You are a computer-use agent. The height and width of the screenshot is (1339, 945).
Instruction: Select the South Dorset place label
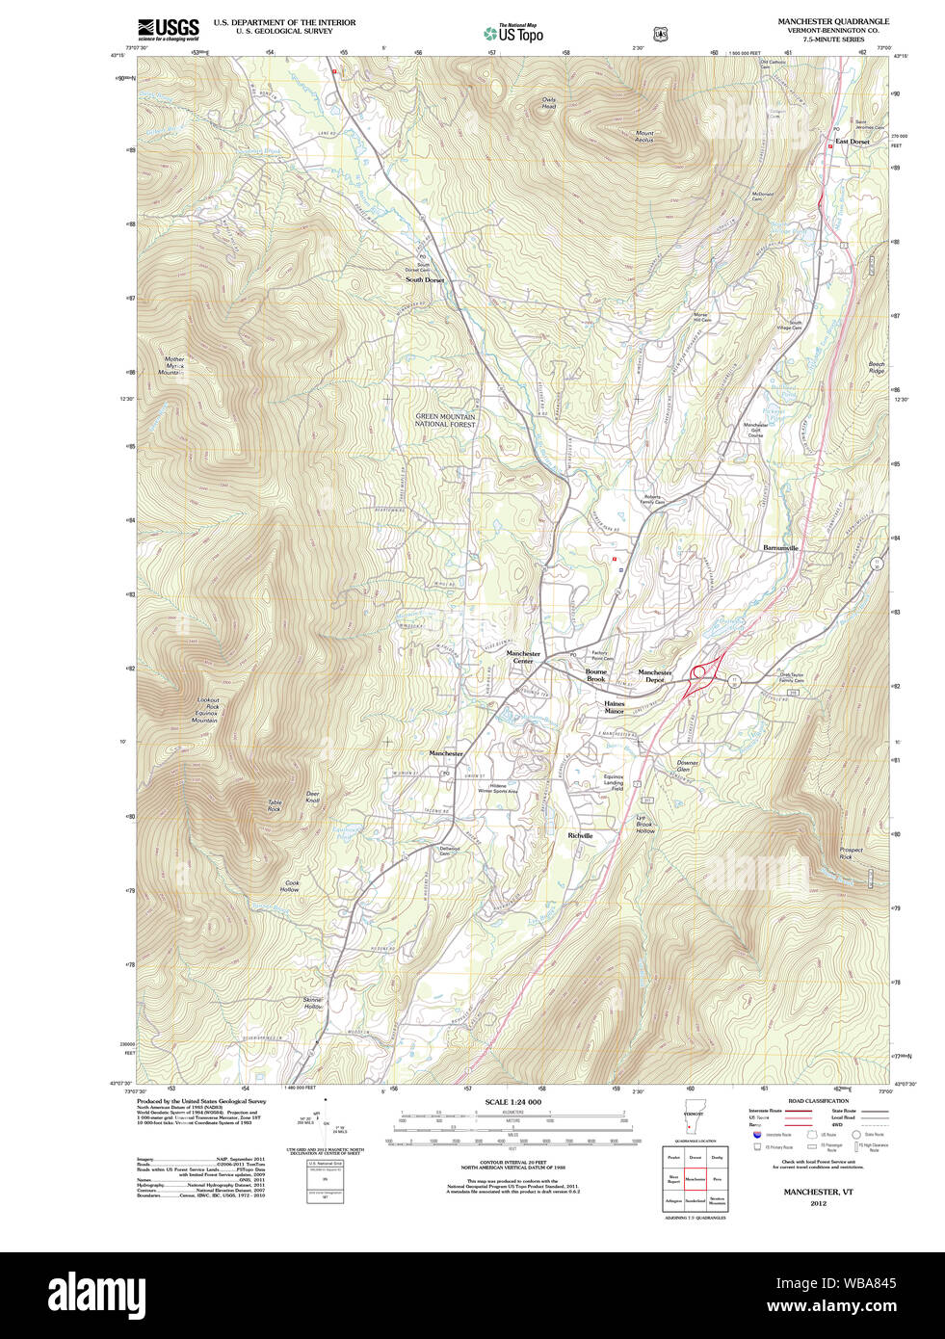click(x=425, y=280)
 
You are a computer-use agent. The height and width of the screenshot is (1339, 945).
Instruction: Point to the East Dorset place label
click(x=852, y=142)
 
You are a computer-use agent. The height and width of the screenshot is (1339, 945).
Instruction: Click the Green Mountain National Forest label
click(x=445, y=420)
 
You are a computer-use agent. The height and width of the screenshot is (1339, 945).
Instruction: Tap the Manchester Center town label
click(x=523, y=657)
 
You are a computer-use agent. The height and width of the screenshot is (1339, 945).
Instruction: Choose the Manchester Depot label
click(x=655, y=676)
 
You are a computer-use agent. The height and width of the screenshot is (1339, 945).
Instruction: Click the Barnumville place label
click(x=780, y=547)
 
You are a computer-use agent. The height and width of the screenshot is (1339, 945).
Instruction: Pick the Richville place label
click(x=580, y=835)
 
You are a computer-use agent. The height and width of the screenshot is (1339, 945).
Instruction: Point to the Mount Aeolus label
click(x=644, y=137)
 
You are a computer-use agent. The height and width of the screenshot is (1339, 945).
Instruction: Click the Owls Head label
click(x=548, y=103)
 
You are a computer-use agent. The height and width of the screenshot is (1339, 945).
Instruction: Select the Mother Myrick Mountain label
click(x=173, y=366)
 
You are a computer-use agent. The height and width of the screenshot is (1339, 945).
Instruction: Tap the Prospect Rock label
click(x=851, y=853)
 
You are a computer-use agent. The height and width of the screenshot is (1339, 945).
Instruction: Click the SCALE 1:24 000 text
click(x=512, y=1102)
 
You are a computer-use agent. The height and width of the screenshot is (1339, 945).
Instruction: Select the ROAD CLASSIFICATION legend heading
click(x=818, y=1101)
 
